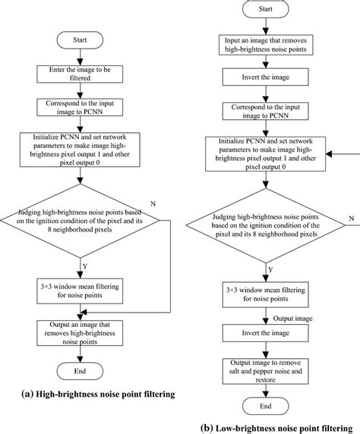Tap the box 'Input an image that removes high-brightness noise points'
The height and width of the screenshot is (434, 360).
pos(266,44)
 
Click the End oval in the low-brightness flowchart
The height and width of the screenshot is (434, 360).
pos(266,406)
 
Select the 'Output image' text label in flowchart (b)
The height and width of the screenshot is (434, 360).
pos(292,319)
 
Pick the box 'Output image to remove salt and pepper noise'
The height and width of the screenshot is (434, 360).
pos(266,371)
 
